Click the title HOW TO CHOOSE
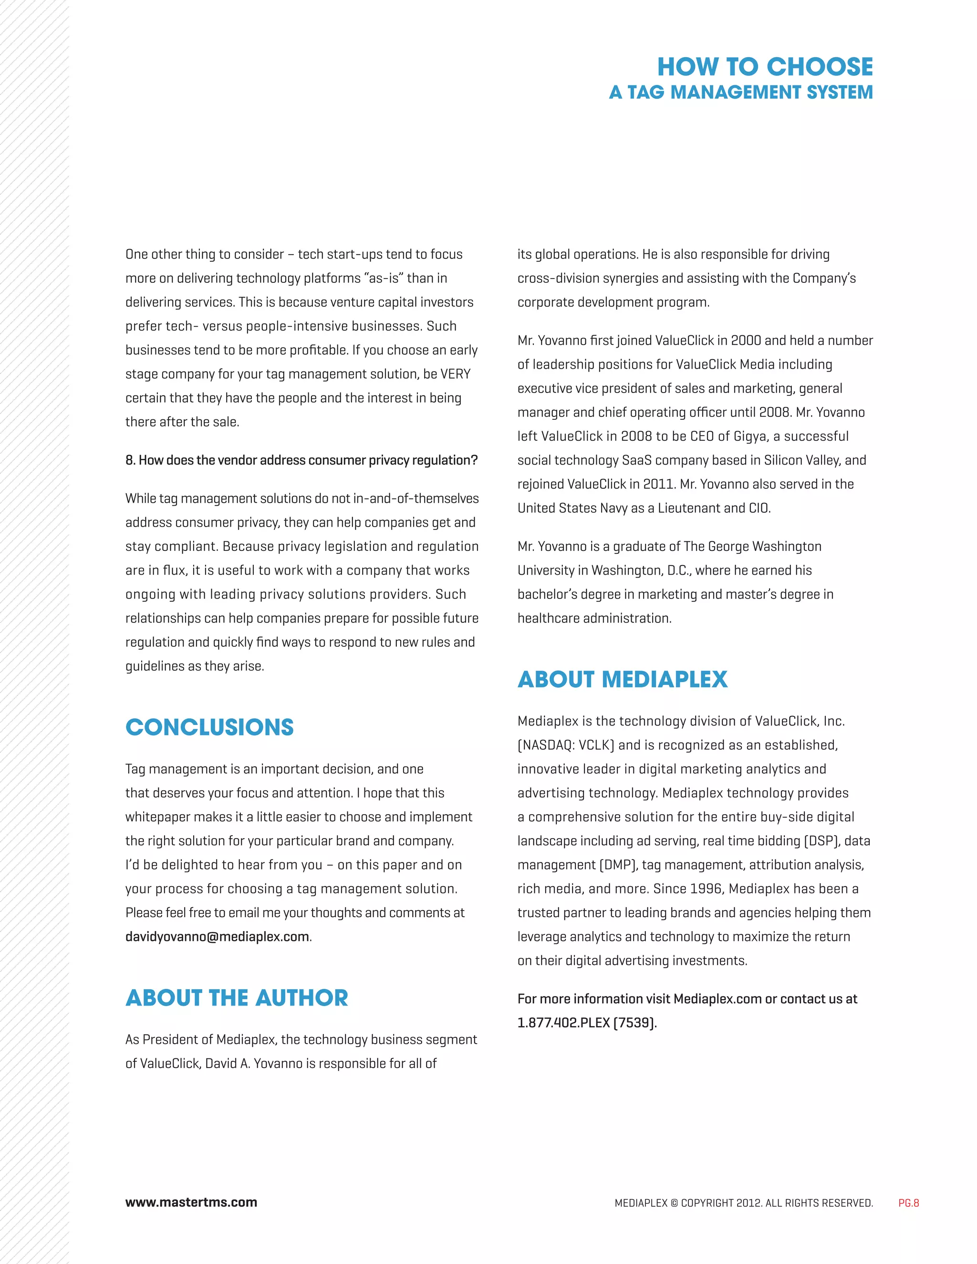765,67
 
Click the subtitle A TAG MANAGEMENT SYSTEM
741,93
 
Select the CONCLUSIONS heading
209,727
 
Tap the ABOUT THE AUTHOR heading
237,998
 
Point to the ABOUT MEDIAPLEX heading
622,679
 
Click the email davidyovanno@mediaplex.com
217,936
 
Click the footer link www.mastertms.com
191,1202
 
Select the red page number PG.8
908,1202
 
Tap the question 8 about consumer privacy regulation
301,460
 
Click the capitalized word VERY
456,374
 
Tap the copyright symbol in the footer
674,1202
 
